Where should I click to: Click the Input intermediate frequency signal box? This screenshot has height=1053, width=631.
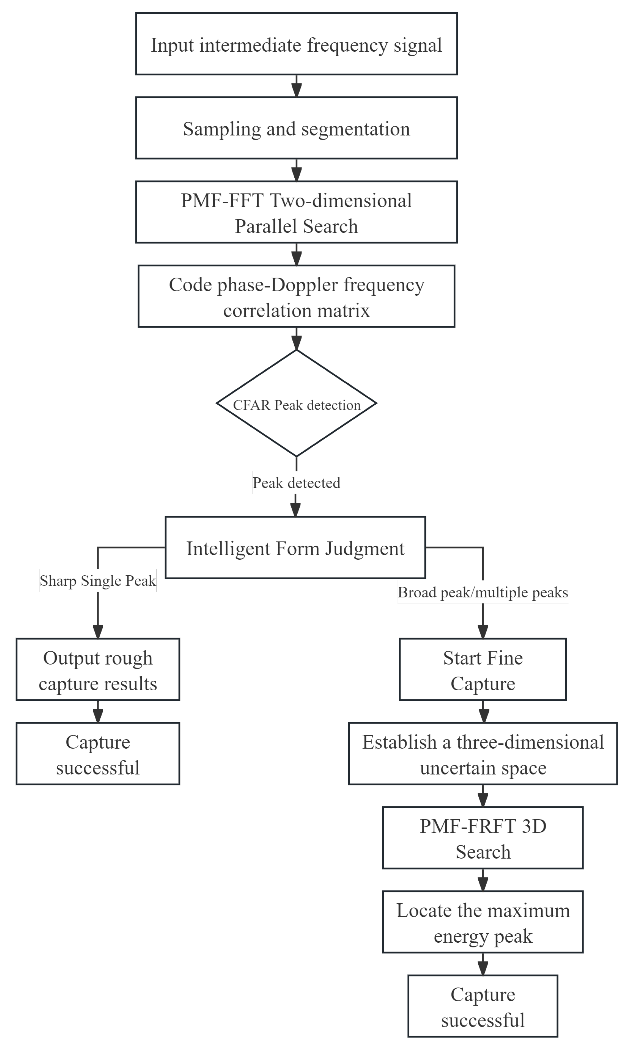click(x=296, y=44)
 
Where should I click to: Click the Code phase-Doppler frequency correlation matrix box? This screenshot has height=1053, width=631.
click(x=296, y=297)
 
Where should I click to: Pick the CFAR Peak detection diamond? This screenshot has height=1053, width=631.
click(x=296, y=403)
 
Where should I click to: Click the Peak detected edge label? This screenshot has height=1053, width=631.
click(x=296, y=483)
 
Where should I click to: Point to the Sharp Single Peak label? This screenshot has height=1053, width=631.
click(x=98, y=580)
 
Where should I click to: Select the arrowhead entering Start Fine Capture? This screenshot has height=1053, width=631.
click(x=483, y=631)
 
